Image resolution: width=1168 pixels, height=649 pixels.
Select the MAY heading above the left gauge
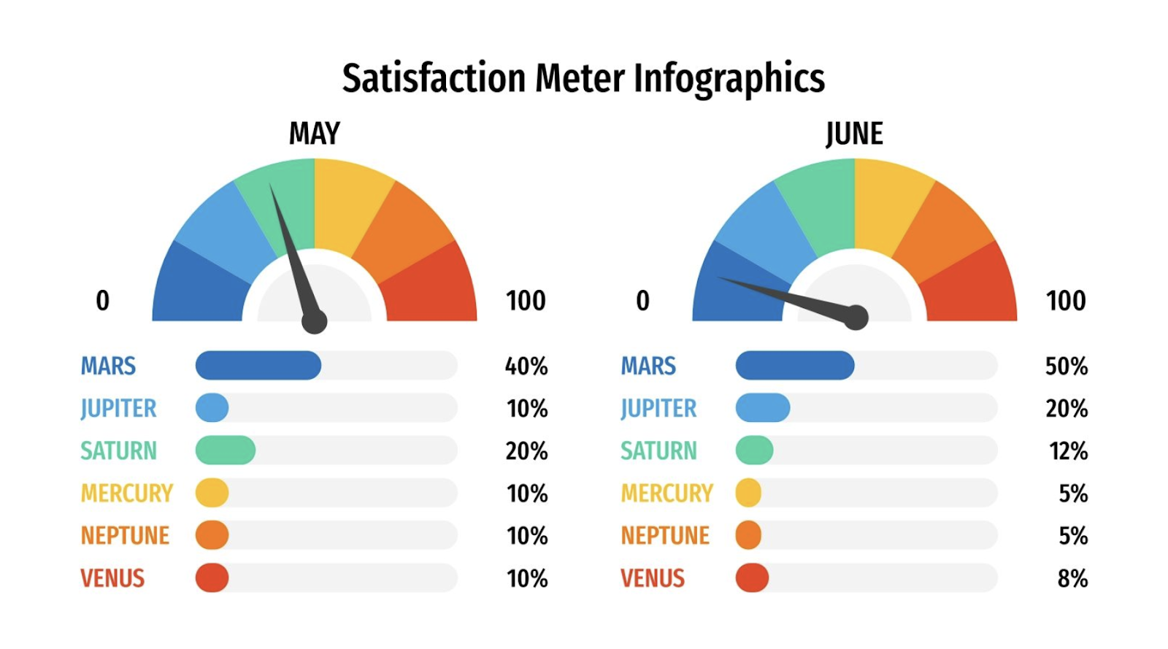314,134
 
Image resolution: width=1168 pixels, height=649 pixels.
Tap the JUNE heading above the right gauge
854,134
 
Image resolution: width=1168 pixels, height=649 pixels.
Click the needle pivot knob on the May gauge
315,321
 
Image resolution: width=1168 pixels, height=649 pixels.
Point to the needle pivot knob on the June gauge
856,318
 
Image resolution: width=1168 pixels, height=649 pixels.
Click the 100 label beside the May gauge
526,301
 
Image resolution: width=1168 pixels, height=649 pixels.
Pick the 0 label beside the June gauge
642,301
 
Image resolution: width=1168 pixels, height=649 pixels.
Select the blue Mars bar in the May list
258,365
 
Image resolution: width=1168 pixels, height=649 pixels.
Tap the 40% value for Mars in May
526,366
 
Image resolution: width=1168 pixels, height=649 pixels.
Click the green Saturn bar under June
754,450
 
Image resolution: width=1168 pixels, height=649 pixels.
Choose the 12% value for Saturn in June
1068,451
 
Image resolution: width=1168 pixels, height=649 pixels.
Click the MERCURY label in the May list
126,494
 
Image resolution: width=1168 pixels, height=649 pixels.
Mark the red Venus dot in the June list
752,578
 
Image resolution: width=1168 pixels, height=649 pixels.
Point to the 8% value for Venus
1072,579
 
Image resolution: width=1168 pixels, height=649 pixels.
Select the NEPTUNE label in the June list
665,536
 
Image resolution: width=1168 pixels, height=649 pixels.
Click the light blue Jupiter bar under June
762,408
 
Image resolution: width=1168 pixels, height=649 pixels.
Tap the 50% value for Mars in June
1066,366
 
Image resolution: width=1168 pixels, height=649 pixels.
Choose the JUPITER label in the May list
118,408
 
